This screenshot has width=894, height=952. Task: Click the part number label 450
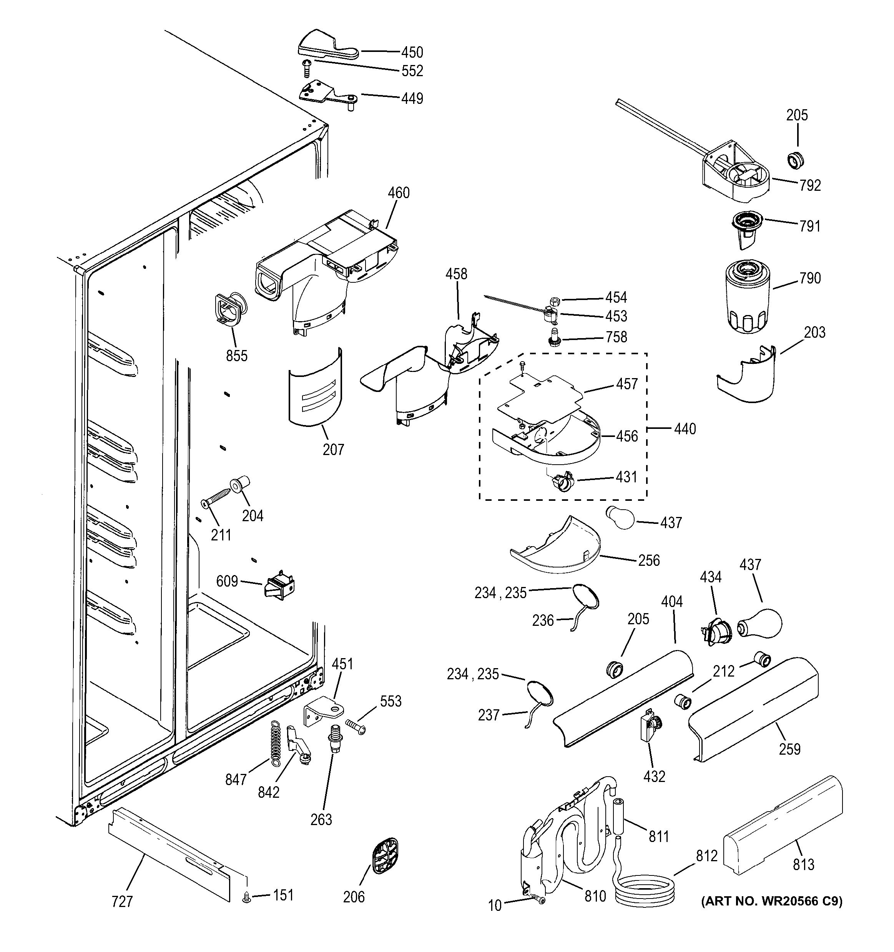click(x=412, y=52)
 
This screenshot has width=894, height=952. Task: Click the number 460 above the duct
click(x=398, y=193)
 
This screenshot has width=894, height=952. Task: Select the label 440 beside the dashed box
click(x=685, y=429)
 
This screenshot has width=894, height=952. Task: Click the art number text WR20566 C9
click(x=771, y=901)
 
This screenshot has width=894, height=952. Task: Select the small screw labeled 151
click(x=247, y=899)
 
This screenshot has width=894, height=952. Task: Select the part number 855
click(x=236, y=356)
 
